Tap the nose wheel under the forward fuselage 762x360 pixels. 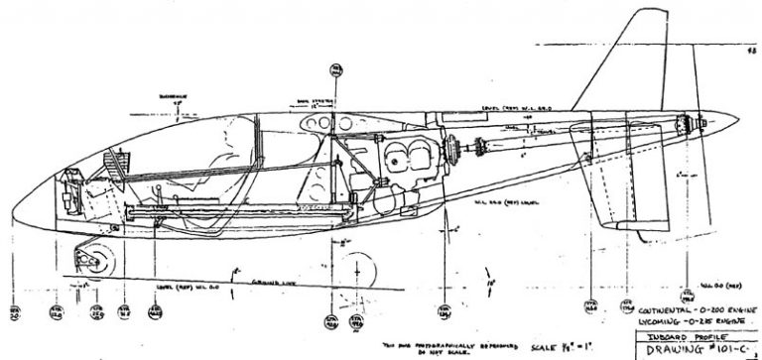98,261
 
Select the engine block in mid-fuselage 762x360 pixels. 407,164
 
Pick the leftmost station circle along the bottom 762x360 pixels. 13,315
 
